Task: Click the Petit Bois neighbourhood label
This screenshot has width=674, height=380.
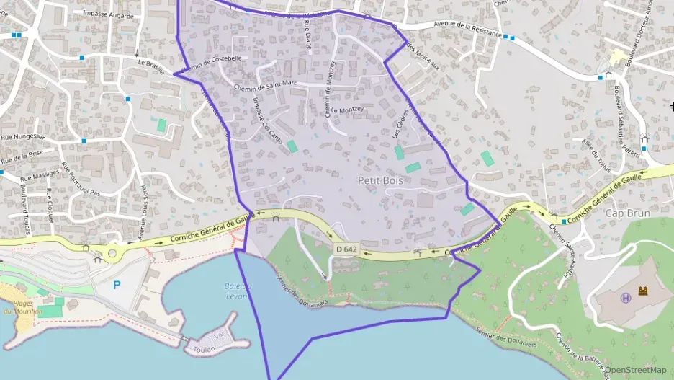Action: (x=379, y=180)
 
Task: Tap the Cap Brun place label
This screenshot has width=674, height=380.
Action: (x=627, y=213)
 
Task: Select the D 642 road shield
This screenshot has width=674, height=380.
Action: (x=346, y=249)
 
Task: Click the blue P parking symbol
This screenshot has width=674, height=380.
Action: (x=117, y=285)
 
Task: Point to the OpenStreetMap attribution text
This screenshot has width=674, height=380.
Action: (x=636, y=370)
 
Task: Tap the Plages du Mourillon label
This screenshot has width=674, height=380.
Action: (x=17, y=307)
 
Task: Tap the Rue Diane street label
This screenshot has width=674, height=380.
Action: (x=307, y=34)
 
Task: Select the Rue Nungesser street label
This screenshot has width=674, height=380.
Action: (x=23, y=136)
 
